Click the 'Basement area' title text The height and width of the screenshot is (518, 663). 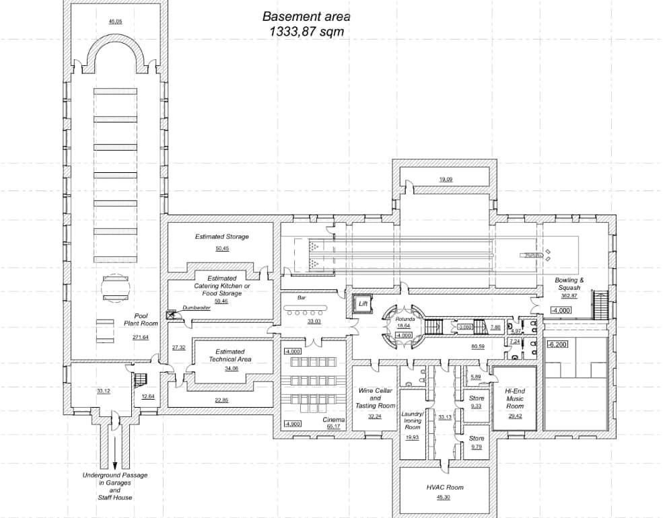(x=306, y=17)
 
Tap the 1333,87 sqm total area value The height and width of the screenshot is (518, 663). (x=306, y=31)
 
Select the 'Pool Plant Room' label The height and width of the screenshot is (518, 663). (x=140, y=320)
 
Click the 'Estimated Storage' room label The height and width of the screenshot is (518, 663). (x=222, y=237)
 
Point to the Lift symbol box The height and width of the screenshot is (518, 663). (x=363, y=303)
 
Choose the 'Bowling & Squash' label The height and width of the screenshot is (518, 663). (x=569, y=284)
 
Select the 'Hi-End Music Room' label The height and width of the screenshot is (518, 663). (x=515, y=398)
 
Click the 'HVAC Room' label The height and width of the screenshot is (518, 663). (x=445, y=487)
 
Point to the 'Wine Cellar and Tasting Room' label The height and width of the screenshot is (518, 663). (x=375, y=398)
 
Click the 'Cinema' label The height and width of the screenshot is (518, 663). (x=333, y=420)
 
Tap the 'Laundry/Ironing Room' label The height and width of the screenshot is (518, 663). (x=413, y=420)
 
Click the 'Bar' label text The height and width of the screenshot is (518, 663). (x=302, y=297)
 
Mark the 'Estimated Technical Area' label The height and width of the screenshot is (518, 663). (x=230, y=355)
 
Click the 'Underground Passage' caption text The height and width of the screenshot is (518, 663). (x=115, y=475)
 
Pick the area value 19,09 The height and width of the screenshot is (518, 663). (x=446, y=180)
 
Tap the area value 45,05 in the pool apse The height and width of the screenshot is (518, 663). (x=115, y=22)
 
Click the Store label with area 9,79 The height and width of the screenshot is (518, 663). (x=477, y=439)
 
